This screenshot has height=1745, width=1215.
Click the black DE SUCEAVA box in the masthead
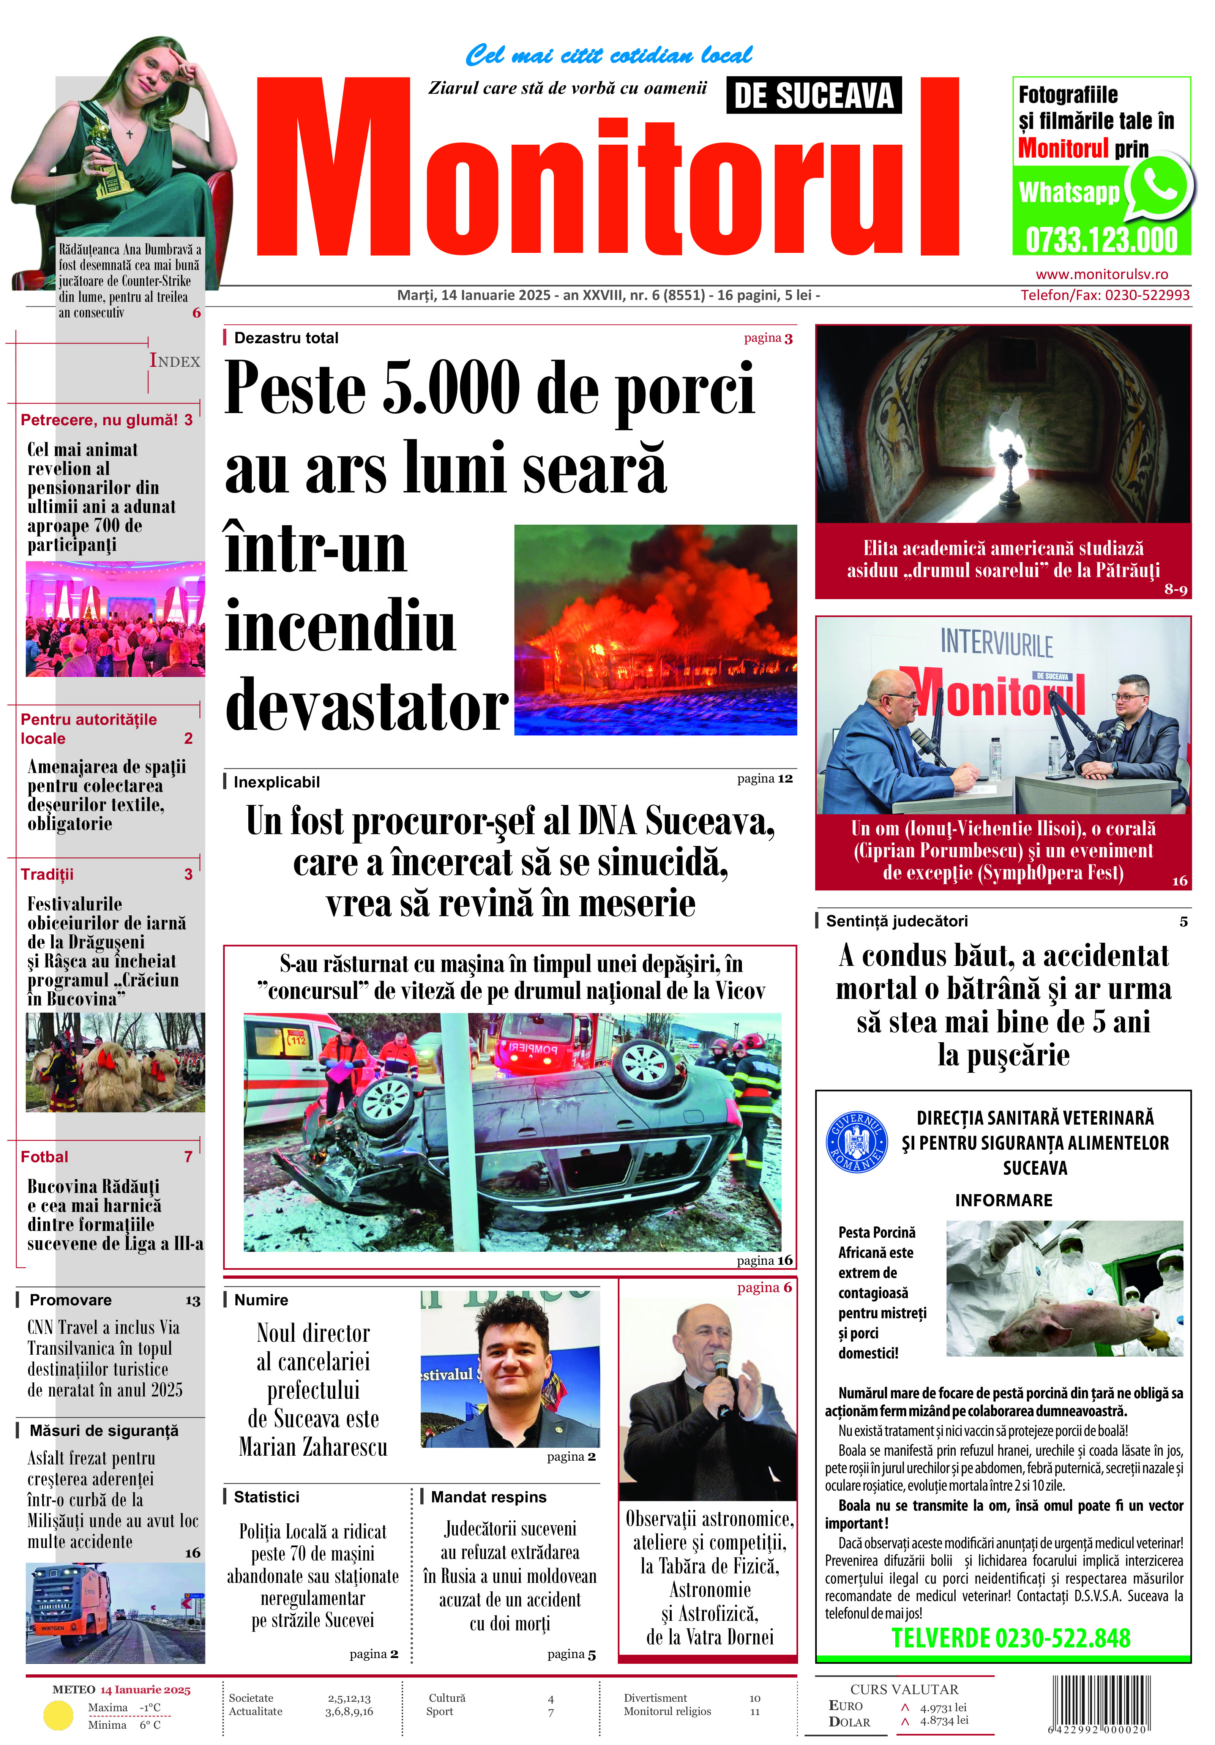[x=813, y=96]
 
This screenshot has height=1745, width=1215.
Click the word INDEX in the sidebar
[x=175, y=361]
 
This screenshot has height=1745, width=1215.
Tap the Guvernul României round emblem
[x=856, y=1142]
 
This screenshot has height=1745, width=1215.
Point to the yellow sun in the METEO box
[x=58, y=1715]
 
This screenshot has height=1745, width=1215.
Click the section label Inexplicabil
[x=276, y=782]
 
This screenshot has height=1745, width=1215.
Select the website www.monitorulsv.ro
[x=1102, y=275]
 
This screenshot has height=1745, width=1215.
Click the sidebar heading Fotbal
[x=44, y=1157]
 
